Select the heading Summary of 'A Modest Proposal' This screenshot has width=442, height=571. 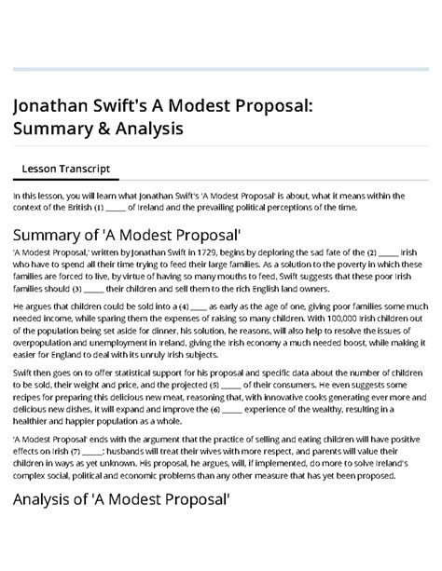[127, 234]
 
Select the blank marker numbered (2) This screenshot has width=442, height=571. [380, 253]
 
